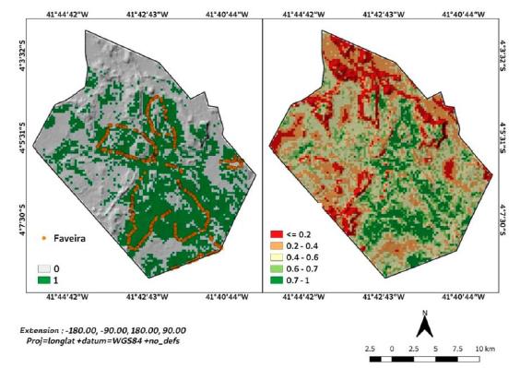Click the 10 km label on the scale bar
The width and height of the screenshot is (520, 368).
click(486, 350)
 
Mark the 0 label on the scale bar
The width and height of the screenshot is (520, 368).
click(393, 350)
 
